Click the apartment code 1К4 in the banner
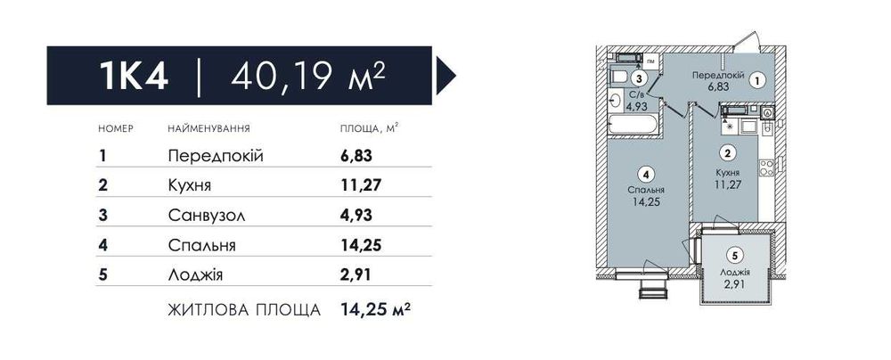134,76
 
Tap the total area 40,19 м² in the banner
309,75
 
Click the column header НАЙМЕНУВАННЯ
209,129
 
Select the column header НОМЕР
116,129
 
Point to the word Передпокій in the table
216,156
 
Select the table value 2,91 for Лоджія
356,275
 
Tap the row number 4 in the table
103,245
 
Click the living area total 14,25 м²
376,310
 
